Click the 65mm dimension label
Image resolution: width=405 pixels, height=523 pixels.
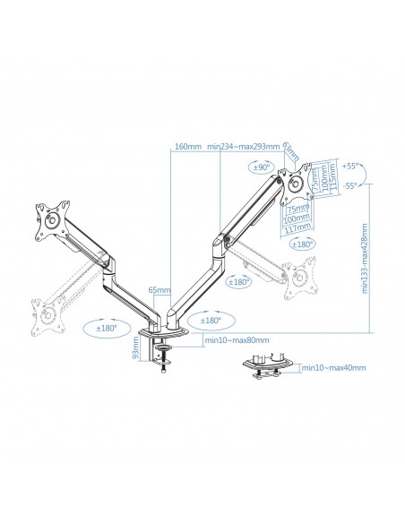[x=159, y=290]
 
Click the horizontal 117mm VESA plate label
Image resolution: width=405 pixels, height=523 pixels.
[x=298, y=227]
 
